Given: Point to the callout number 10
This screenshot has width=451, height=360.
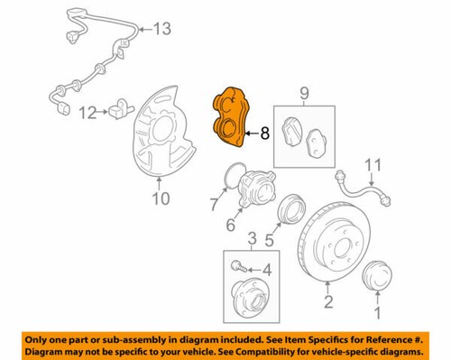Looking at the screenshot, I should [x=160, y=199].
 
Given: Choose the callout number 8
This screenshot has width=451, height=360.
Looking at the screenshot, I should [x=264, y=134].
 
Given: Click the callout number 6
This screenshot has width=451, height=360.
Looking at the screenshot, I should [x=232, y=225].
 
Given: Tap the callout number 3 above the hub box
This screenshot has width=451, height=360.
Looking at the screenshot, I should [x=253, y=237].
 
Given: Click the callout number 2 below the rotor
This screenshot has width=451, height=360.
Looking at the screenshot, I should [x=328, y=301].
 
